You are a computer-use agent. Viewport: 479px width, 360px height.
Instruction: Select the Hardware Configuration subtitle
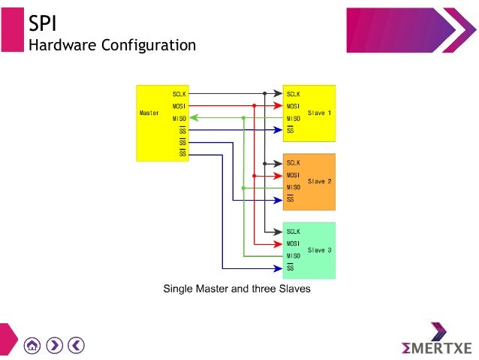pyautogui.click(x=112, y=45)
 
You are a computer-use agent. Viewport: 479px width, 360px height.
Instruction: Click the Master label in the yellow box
pyautogui.click(x=149, y=113)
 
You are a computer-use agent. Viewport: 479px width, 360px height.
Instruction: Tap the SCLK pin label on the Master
pyautogui.click(x=179, y=94)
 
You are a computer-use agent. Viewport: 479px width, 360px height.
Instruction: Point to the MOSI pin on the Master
pyautogui.click(x=179, y=106)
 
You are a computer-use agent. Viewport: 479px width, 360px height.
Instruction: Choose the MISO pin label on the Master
pyautogui.click(x=179, y=118)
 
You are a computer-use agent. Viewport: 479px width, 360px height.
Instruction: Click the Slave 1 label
pyautogui.click(x=319, y=113)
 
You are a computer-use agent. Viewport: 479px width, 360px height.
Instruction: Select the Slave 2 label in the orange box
pyautogui.click(x=319, y=181)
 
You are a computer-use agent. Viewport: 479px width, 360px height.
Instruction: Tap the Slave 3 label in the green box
pyautogui.click(x=319, y=250)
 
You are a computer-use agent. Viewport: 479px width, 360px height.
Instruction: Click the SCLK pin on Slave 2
pyautogui.click(x=293, y=163)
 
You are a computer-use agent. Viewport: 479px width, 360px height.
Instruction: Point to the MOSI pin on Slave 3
pyautogui.click(x=293, y=244)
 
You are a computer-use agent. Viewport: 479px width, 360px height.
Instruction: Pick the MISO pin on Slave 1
pyautogui.click(x=293, y=119)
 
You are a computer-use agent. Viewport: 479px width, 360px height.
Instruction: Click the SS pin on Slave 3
pyautogui.click(x=290, y=268)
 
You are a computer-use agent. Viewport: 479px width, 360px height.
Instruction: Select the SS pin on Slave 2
pyautogui.click(x=290, y=199)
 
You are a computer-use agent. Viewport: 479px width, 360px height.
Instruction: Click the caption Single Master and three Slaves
pyautogui.click(x=236, y=288)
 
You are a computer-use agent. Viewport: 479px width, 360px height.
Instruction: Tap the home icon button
pyautogui.click(x=32, y=345)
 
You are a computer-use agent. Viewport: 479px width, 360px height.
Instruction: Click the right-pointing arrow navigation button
pyautogui.click(x=54, y=345)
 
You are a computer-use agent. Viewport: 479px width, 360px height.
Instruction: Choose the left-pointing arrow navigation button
pyautogui.click(x=76, y=345)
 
